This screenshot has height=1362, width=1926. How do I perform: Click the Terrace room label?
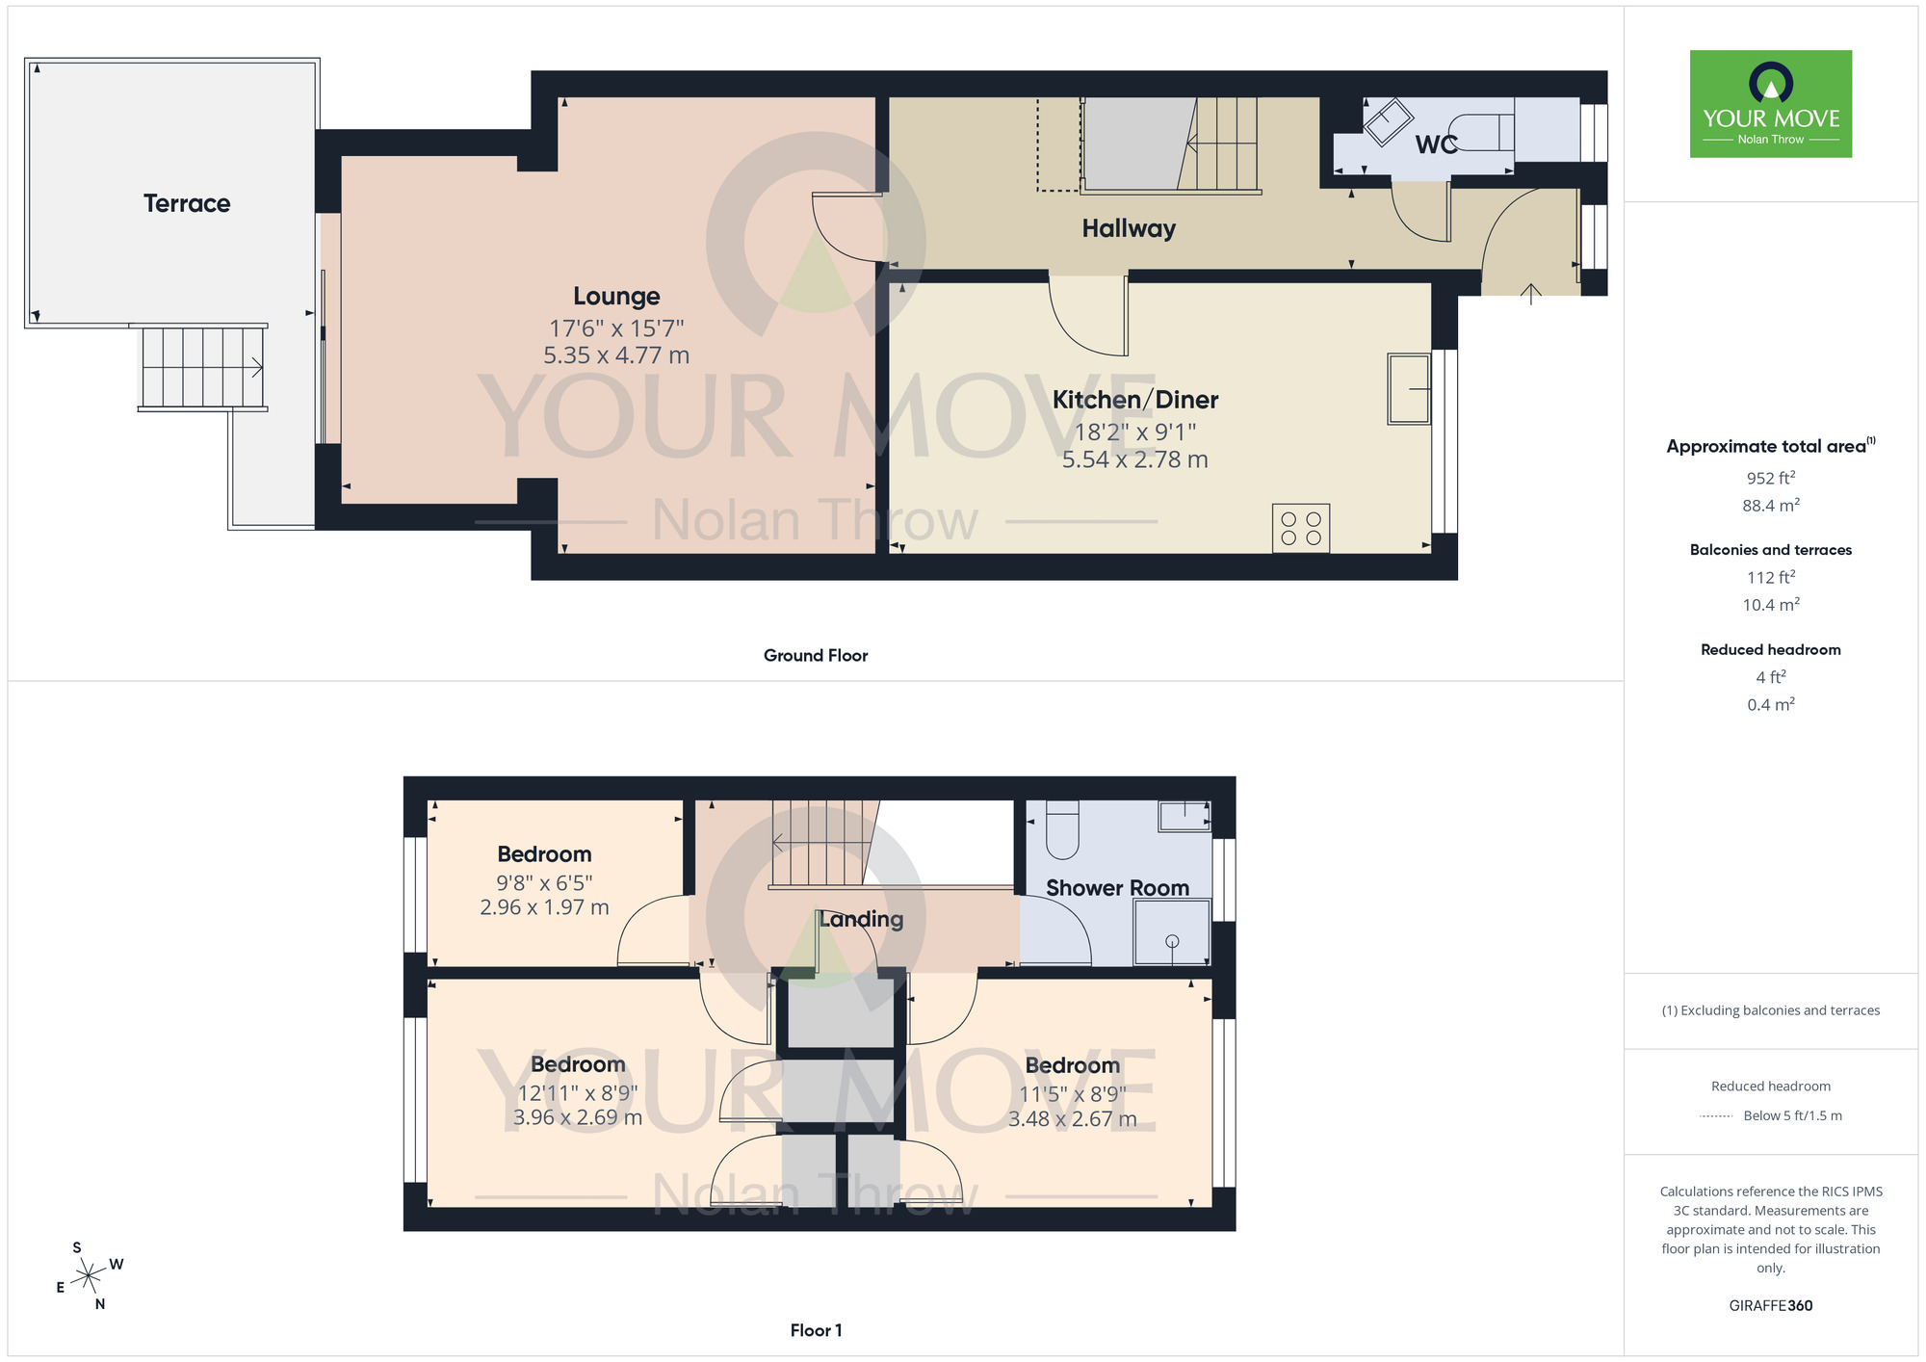point(187,203)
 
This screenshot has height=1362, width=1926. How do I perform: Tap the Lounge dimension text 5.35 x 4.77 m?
point(616,355)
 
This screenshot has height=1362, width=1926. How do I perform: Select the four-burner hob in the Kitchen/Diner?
point(1300,528)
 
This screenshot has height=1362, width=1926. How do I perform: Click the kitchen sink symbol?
point(1408,388)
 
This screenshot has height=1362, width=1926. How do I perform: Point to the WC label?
point(1436,144)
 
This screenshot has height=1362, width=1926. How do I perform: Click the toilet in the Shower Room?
point(1062,829)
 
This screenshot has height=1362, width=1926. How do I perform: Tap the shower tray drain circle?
point(1172,941)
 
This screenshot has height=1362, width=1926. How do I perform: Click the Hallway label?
point(1129,228)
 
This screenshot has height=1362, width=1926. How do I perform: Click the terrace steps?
point(203,368)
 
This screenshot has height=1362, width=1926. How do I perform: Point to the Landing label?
point(861,919)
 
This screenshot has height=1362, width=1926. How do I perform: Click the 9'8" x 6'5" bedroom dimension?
point(544,882)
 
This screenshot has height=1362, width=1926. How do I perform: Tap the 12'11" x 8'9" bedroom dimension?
point(578,1093)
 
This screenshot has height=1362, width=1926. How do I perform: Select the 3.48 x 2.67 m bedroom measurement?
point(1072,1119)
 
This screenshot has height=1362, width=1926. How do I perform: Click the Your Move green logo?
point(1770,104)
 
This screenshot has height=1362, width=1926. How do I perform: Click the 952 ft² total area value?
point(1770,478)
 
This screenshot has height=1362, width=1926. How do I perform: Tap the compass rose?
point(90,1276)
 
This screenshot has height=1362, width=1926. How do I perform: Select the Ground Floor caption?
point(816,655)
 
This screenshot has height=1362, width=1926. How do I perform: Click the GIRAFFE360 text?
point(1770,1306)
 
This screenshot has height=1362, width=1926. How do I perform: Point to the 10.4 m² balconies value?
point(1770,605)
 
